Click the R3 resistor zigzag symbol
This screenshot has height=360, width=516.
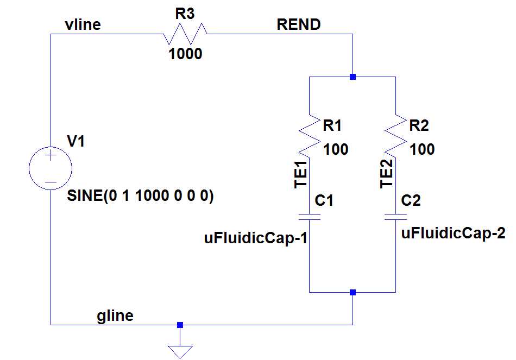[x=185, y=34]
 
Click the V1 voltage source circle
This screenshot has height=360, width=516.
[x=50, y=168]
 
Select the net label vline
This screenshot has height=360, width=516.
[x=82, y=24]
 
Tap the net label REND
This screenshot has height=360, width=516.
[x=298, y=24]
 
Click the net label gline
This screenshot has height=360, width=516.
[x=115, y=315]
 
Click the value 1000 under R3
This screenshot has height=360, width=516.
[x=185, y=54]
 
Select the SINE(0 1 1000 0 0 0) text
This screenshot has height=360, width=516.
[x=140, y=197]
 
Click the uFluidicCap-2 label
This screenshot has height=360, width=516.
[x=454, y=234]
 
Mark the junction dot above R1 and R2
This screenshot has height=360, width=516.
[x=353, y=77]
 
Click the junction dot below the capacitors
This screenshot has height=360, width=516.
[x=353, y=292]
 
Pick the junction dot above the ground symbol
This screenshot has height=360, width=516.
[x=180, y=325]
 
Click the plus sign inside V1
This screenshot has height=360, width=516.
[x=50, y=156]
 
